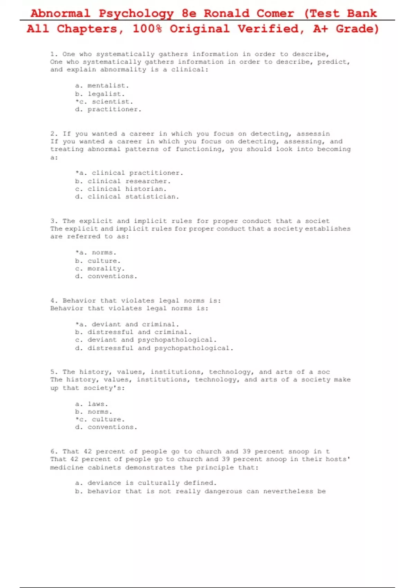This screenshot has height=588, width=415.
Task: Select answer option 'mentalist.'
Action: tap(108, 85)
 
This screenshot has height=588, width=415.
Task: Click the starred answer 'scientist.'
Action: tap(112, 102)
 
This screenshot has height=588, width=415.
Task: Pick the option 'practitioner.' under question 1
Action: tap(114, 109)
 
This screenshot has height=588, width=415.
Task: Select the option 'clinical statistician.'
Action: tap(133, 197)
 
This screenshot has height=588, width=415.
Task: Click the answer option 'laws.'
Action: tap(98, 404)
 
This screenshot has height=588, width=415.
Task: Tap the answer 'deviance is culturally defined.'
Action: tap(152, 483)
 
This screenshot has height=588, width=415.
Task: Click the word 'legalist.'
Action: tap(106, 94)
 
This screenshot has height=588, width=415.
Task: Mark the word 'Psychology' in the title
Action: tap(136, 13)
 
